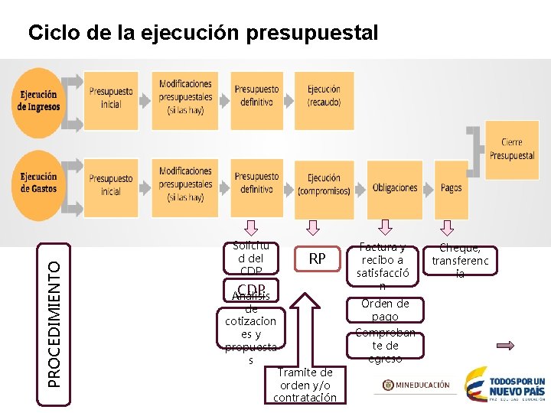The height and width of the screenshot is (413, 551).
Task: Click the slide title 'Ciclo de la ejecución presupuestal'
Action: pos(203,34)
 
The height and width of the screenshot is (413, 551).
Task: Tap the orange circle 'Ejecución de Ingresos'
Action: pos(38,102)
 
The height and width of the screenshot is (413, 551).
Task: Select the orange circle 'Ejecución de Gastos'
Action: pos(38,184)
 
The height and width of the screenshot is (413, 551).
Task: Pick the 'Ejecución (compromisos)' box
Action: pos(324,184)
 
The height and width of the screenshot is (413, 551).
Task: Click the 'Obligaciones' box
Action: pos(395,187)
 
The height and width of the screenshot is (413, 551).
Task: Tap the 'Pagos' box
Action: pos(452,187)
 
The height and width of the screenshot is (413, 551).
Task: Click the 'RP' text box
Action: pos(317,259)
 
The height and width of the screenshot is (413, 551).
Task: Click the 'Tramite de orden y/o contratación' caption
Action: pos(305,385)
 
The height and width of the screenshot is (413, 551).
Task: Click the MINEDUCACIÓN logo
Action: pos(416,385)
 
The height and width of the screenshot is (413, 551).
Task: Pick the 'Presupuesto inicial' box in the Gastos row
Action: pos(111,184)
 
